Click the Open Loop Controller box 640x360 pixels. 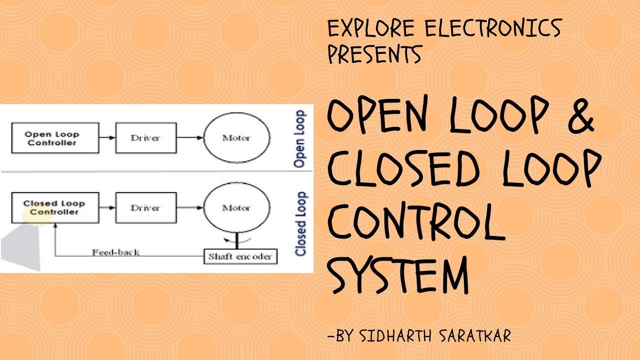click(x=52, y=138)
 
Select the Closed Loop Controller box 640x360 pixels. click(x=54, y=207)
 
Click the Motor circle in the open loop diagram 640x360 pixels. click(x=236, y=138)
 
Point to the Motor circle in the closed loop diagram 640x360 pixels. click(x=236, y=207)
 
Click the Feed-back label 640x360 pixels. click(x=115, y=252)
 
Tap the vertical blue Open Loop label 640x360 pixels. click(x=300, y=139)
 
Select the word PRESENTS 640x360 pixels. click(x=374, y=54)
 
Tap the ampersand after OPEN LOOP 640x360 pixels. click(x=576, y=121)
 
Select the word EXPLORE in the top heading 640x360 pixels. click(x=370, y=29)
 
